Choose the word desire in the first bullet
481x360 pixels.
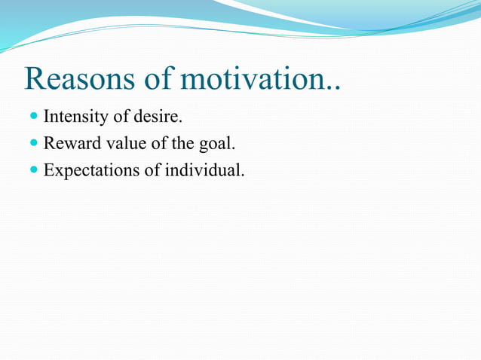159,117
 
